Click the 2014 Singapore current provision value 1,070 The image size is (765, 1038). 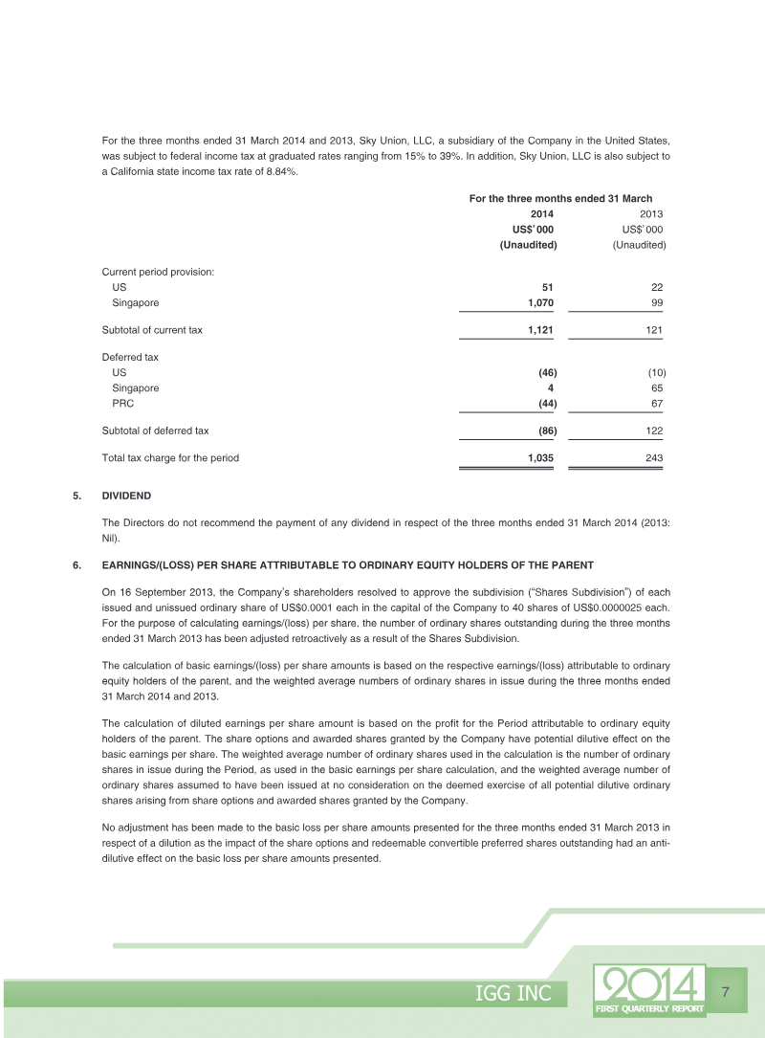(x=540, y=303)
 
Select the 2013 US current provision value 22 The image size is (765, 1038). (x=656, y=287)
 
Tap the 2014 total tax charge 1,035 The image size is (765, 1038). (x=540, y=458)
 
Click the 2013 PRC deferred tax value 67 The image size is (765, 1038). (x=656, y=404)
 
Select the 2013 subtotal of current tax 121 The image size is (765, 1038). (x=653, y=330)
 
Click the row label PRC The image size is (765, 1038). (x=123, y=404)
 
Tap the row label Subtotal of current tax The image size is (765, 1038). (x=152, y=330)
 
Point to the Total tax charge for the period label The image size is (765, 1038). (x=170, y=458)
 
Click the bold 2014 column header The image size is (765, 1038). (x=541, y=214)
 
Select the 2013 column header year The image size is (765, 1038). (x=650, y=214)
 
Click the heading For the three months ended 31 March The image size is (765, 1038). (x=560, y=198)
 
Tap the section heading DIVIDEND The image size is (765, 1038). (x=126, y=496)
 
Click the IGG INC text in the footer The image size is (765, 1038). (x=514, y=994)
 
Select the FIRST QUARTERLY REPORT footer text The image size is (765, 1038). (x=649, y=1008)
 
